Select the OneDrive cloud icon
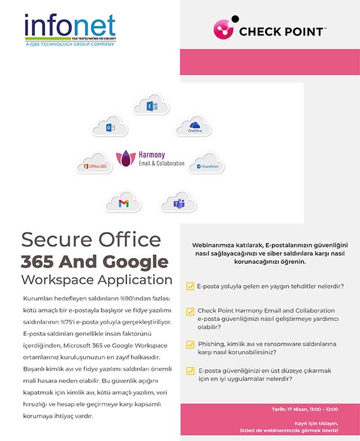coord(194,126)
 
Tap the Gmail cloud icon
coord(123,203)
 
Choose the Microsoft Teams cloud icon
coord(178,203)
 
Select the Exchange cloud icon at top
coord(152,106)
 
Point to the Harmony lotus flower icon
coord(127,158)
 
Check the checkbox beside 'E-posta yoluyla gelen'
coord(190,286)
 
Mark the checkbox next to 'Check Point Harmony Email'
coord(190,311)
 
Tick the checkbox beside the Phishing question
coord(190,344)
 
